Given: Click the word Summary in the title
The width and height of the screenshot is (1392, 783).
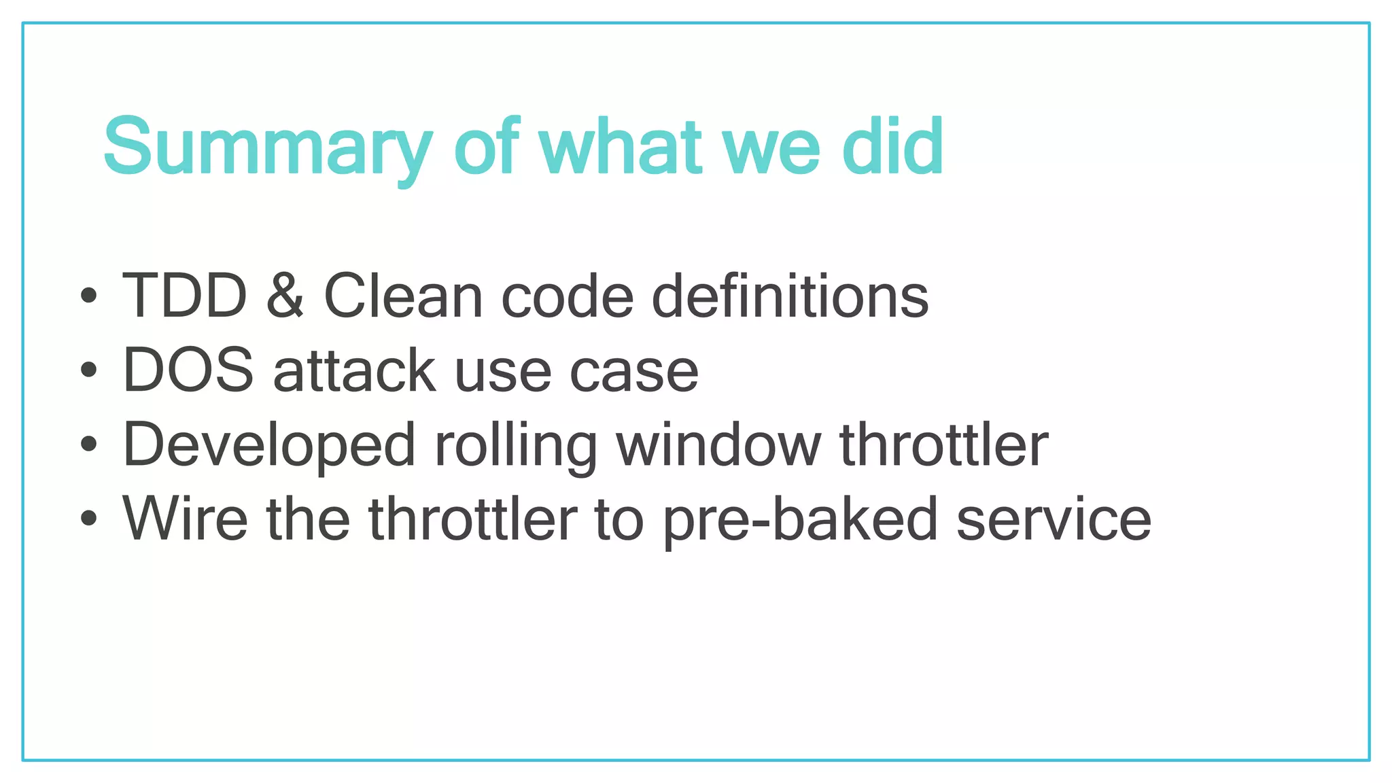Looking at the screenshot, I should click(x=267, y=147).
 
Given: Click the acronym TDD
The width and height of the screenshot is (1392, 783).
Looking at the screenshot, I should click(x=184, y=296).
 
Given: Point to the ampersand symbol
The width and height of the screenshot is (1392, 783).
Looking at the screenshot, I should click(x=285, y=296).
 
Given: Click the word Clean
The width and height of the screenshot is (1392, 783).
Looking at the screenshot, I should click(x=403, y=296).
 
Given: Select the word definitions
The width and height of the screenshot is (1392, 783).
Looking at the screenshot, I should click(x=790, y=296).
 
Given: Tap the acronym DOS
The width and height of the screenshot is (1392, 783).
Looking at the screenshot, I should click(x=188, y=370).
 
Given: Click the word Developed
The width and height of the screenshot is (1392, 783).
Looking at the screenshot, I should click(x=268, y=445).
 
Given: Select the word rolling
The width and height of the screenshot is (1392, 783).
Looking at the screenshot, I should click(x=516, y=445).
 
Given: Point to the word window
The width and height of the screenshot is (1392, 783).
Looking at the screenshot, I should click(x=718, y=445).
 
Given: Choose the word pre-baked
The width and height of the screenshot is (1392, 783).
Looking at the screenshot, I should click(x=801, y=520).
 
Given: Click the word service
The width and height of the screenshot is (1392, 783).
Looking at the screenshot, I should click(x=1054, y=520).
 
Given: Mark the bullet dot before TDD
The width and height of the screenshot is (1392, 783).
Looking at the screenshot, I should click(x=88, y=296).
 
